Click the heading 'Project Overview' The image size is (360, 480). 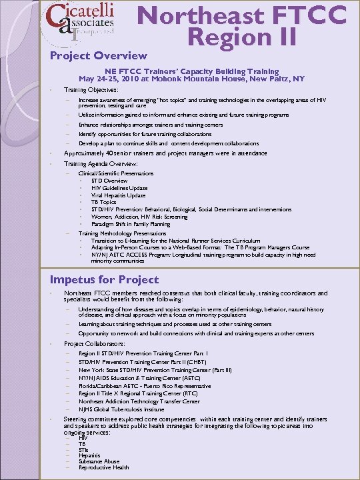point(99,55)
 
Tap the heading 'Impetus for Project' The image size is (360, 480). point(104,279)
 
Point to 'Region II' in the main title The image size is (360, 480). point(241,37)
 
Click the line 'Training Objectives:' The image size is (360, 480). point(91,89)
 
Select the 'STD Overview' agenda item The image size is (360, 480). point(109,181)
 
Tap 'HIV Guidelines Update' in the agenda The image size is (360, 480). point(120,188)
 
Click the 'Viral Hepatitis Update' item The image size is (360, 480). point(118,195)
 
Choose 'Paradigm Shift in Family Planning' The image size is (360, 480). point(131,224)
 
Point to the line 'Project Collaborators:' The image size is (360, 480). point(95,343)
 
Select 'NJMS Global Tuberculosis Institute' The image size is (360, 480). point(121,409)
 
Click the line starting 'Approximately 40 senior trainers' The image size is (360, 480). point(165,153)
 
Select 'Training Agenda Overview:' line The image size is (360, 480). point(101,163)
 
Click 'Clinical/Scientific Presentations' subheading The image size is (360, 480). point(116,173)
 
